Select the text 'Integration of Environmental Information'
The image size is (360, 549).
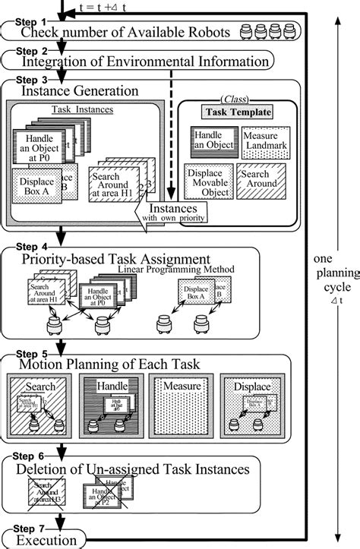[147, 62]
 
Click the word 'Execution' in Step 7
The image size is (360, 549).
[49, 541]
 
